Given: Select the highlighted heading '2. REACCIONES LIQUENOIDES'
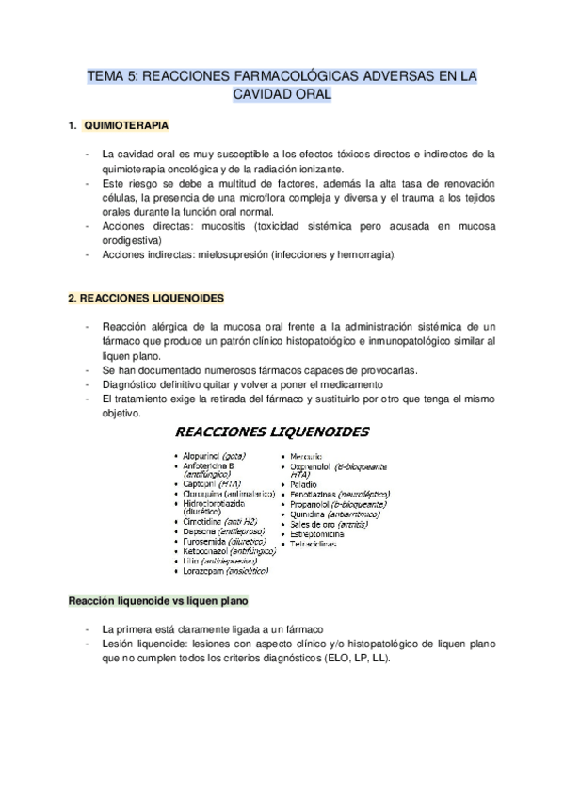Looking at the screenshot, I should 145,298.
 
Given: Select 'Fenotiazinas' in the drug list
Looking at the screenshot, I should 317,494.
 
